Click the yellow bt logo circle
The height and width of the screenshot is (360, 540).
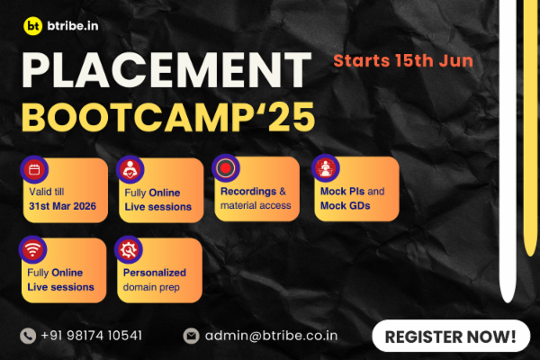click(33, 26)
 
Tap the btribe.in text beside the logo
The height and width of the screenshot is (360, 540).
click(73, 26)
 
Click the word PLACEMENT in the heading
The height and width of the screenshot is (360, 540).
click(166, 70)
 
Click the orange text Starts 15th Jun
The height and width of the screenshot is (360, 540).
click(403, 60)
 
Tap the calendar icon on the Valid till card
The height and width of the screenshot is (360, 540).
click(34, 169)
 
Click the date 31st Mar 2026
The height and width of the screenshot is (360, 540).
click(62, 206)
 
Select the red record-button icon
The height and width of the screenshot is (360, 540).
click(226, 168)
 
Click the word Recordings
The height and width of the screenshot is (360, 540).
click(248, 192)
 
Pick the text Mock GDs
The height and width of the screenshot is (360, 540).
click(345, 206)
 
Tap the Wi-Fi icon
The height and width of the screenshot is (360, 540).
click(32, 249)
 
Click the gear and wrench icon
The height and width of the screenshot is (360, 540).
click(129, 249)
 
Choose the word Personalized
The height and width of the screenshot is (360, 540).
click(155, 273)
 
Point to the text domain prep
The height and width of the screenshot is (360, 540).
click(151, 287)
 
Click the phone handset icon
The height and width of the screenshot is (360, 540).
click(28, 336)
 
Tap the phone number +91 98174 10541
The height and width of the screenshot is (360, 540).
click(91, 336)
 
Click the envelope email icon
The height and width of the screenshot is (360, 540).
click(191, 336)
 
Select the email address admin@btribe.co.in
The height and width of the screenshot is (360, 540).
click(272, 336)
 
